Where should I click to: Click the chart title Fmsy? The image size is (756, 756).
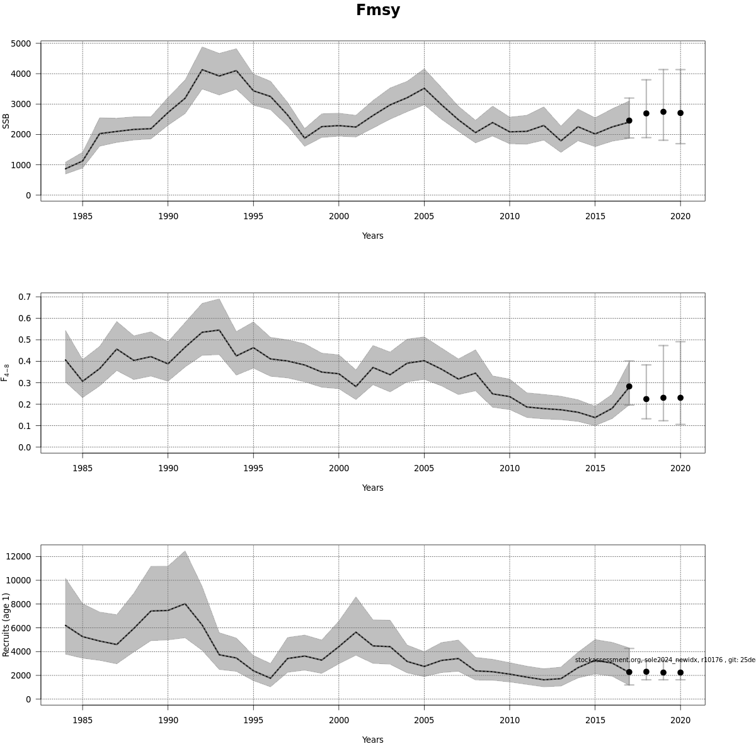point(378,10)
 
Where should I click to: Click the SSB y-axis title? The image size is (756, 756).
point(7,121)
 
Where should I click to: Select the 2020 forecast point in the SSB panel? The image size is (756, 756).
point(680,113)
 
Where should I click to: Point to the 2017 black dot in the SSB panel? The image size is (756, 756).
point(629,120)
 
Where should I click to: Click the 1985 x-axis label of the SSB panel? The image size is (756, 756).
point(83,216)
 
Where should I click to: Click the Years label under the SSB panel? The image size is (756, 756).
point(372,236)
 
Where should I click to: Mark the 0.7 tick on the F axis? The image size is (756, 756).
point(25,297)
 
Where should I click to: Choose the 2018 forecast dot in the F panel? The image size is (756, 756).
point(646,399)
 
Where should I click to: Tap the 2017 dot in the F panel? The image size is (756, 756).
point(629,386)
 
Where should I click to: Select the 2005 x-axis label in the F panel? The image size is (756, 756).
point(424,468)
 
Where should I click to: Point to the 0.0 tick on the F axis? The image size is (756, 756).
point(25,447)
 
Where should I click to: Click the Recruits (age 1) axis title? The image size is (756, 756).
point(7,624)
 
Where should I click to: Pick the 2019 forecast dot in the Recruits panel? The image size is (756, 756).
point(663,672)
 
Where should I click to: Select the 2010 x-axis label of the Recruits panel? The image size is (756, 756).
point(510,720)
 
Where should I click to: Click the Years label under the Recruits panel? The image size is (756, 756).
point(372,740)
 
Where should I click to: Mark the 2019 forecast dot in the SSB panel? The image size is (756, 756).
point(663,112)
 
